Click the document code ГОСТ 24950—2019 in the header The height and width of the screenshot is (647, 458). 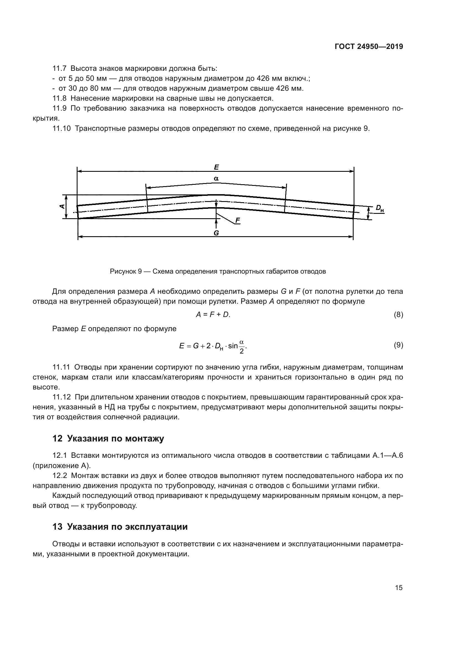pyautogui.click(x=369, y=47)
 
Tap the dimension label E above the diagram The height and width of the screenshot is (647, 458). pyautogui.click(x=216, y=167)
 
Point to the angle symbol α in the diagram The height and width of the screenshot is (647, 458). pyautogui.click(x=216, y=178)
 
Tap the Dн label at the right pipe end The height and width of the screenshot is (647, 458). pyautogui.click(x=380, y=209)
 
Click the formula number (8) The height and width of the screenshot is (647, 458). pyautogui.click(x=398, y=315)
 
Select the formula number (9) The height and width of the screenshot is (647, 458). pyautogui.click(x=398, y=345)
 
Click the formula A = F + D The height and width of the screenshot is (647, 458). pyautogui.click(x=213, y=315)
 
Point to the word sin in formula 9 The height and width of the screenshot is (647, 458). pyautogui.click(x=233, y=346)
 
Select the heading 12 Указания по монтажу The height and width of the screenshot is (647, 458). pyautogui.click(x=108, y=439)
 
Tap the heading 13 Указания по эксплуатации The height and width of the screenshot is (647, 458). pyautogui.click(x=120, y=527)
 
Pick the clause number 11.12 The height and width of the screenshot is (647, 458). pyautogui.click(x=62, y=397)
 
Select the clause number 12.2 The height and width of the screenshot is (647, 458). pyautogui.click(x=60, y=476)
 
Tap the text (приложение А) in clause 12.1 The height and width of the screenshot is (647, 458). pyautogui.click(x=61, y=466)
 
